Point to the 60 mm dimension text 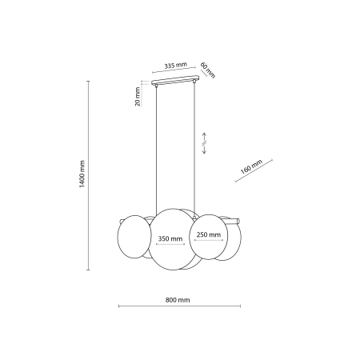207,70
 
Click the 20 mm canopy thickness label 138,97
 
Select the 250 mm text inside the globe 209,234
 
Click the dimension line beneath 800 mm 177,306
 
